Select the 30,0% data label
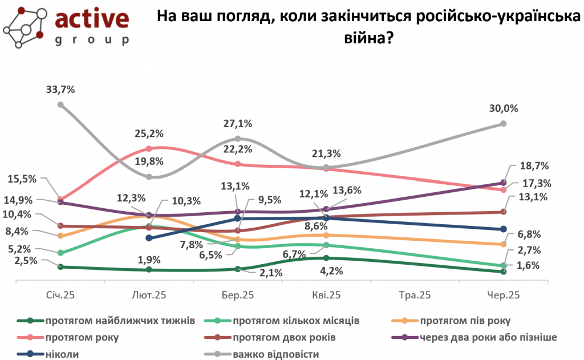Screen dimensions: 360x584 504,108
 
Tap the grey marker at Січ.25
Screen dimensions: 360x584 60,104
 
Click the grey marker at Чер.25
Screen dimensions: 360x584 504,123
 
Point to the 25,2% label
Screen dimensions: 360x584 149,134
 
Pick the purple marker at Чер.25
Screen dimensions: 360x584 504,183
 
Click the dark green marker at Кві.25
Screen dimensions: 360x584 326,258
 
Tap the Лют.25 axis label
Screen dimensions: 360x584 149,295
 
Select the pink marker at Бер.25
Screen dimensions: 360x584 238,164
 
